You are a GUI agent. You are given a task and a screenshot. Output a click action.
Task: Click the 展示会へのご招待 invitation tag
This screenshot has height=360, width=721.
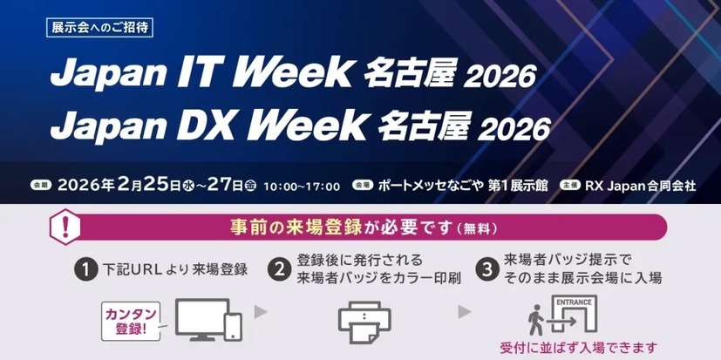(x=100, y=26)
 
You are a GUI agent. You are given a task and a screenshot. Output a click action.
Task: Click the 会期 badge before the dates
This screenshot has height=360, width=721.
(x=40, y=186)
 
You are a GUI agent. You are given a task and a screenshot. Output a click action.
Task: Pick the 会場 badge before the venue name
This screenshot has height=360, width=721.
(x=362, y=186)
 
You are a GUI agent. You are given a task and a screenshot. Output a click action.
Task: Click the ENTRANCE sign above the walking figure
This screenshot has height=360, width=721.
(x=575, y=302)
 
